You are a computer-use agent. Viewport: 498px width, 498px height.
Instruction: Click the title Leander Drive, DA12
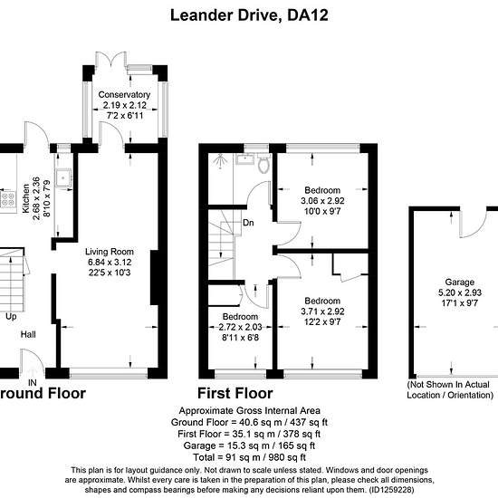[x=249, y=15]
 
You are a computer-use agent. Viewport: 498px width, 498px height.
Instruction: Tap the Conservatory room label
[x=124, y=95]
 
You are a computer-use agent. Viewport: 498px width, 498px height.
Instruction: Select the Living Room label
[x=110, y=252]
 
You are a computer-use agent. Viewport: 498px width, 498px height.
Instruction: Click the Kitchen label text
[x=25, y=198]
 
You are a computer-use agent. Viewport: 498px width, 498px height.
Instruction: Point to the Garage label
[x=460, y=282]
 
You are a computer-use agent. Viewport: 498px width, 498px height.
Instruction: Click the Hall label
[x=28, y=334]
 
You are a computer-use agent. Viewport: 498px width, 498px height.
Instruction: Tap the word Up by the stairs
[x=11, y=317]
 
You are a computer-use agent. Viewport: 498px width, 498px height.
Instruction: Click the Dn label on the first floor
[x=248, y=223]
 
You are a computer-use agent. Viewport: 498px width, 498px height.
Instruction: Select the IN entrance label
[x=32, y=382]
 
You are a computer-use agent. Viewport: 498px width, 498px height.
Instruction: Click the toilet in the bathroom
[x=263, y=164]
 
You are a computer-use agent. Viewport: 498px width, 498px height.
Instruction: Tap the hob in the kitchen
[x=8, y=199]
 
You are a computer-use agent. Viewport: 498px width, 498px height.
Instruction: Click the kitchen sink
[x=63, y=177]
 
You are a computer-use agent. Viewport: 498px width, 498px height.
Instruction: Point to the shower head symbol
[x=219, y=160]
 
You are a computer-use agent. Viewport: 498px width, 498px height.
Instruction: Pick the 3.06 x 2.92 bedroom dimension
[x=322, y=201]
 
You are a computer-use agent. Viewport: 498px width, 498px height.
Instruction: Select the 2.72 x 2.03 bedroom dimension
[x=240, y=327]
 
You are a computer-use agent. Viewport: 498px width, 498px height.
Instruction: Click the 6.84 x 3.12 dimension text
[x=110, y=262]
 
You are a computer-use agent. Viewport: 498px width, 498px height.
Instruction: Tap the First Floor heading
[x=235, y=393]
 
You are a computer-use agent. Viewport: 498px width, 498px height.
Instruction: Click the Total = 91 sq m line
[x=249, y=457]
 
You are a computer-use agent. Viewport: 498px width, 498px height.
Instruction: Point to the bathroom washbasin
[x=244, y=158]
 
